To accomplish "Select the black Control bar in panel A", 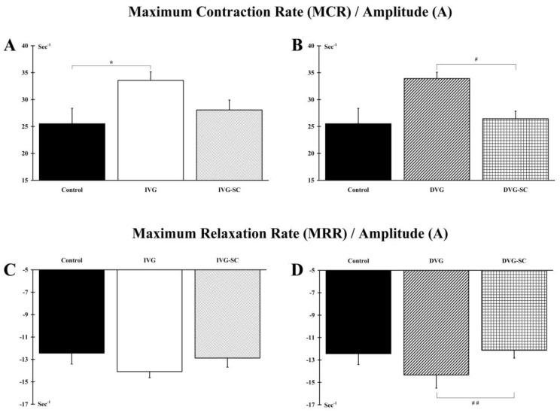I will [72, 151].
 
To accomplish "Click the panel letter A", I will [10, 46].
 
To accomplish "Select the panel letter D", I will [297, 272].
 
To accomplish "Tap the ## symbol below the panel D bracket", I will [475, 403].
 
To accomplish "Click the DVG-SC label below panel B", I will [516, 190].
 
